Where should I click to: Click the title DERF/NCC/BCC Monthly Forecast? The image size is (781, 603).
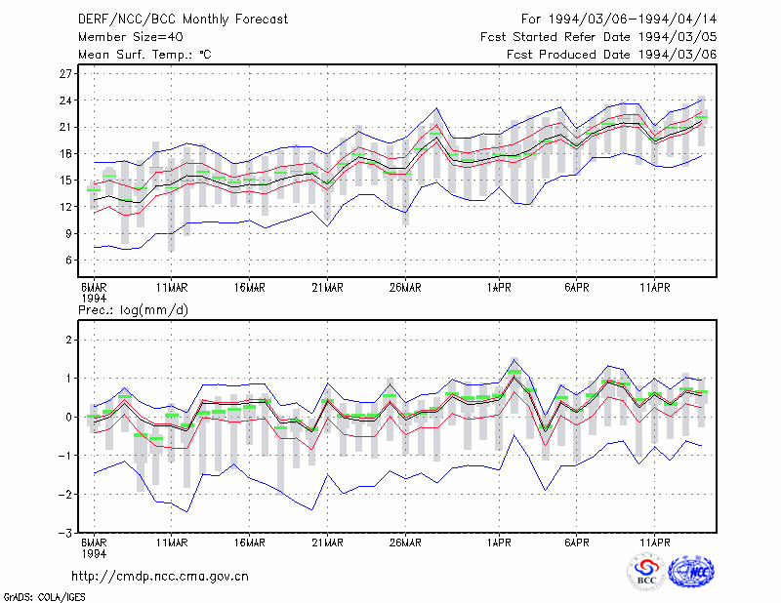[x=183, y=20]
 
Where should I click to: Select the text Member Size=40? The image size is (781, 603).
[x=131, y=37]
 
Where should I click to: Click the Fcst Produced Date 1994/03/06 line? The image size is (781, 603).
[x=612, y=55]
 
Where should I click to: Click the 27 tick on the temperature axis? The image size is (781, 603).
[x=65, y=74]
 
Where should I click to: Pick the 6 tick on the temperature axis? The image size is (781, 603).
[x=68, y=261]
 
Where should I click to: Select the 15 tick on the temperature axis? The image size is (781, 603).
[x=65, y=181]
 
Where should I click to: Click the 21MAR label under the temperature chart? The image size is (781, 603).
[x=327, y=288]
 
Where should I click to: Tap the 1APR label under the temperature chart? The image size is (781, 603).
[x=499, y=288]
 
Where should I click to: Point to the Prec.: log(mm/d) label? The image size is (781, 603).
[x=133, y=310]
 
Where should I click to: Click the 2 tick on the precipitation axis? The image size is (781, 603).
[x=68, y=341]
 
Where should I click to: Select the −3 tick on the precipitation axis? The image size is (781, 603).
[x=64, y=533]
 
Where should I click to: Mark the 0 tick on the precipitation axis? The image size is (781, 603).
[x=68, y=418]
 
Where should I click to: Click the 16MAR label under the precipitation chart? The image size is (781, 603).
[x=250, y=543]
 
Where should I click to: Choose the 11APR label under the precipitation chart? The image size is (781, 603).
[x=654, y=543]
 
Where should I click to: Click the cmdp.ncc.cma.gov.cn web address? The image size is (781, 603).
[x=160, y=577]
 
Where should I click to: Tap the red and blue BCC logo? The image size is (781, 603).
[x=646, y=573]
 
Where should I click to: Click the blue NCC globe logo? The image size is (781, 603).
[x=691, y=571]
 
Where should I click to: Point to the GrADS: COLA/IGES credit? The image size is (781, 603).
[x=44, y=597]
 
